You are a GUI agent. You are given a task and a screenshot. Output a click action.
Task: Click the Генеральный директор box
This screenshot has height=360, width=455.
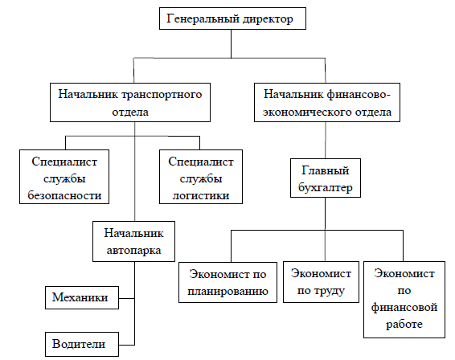(232, 18)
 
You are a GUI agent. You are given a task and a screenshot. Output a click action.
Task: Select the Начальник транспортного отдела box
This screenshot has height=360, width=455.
(130, 102)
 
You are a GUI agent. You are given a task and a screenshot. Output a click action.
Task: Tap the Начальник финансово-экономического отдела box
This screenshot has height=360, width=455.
(327, 102)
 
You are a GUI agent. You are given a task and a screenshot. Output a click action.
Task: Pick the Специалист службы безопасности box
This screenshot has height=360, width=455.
(64, 177)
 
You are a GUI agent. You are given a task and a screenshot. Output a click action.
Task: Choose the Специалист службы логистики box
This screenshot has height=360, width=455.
(201, 177)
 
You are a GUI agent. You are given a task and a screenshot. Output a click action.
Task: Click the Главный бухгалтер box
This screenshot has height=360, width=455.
(326, 178)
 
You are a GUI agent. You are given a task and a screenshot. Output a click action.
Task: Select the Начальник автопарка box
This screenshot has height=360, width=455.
(133, 241)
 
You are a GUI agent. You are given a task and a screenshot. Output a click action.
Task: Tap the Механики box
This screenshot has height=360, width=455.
(82, 297)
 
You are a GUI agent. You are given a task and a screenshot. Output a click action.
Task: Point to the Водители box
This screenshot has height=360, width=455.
(82, 345)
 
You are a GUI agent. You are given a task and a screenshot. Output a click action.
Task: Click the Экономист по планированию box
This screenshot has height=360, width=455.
(227, 282)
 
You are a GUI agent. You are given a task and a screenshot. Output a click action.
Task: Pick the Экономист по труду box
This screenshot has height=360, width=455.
(321, 282)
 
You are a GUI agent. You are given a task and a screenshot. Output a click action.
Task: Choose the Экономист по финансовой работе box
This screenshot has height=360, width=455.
(404, 300)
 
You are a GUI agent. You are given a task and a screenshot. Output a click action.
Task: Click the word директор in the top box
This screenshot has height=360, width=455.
(268, 19)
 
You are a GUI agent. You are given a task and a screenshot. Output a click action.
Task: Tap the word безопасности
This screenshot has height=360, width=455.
(64, 195)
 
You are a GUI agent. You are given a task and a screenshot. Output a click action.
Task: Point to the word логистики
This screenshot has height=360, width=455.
(201, 195)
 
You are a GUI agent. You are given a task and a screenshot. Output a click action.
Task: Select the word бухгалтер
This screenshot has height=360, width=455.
(326, 188)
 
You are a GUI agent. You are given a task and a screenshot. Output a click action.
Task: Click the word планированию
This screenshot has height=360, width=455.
(227, 291)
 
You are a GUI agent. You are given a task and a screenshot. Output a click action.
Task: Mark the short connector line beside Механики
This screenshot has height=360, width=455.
(126, 298)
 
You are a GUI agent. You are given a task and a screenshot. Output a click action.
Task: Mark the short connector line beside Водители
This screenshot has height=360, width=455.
(126, 345)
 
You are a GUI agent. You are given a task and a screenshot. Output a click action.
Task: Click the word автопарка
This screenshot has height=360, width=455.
(133, 251)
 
